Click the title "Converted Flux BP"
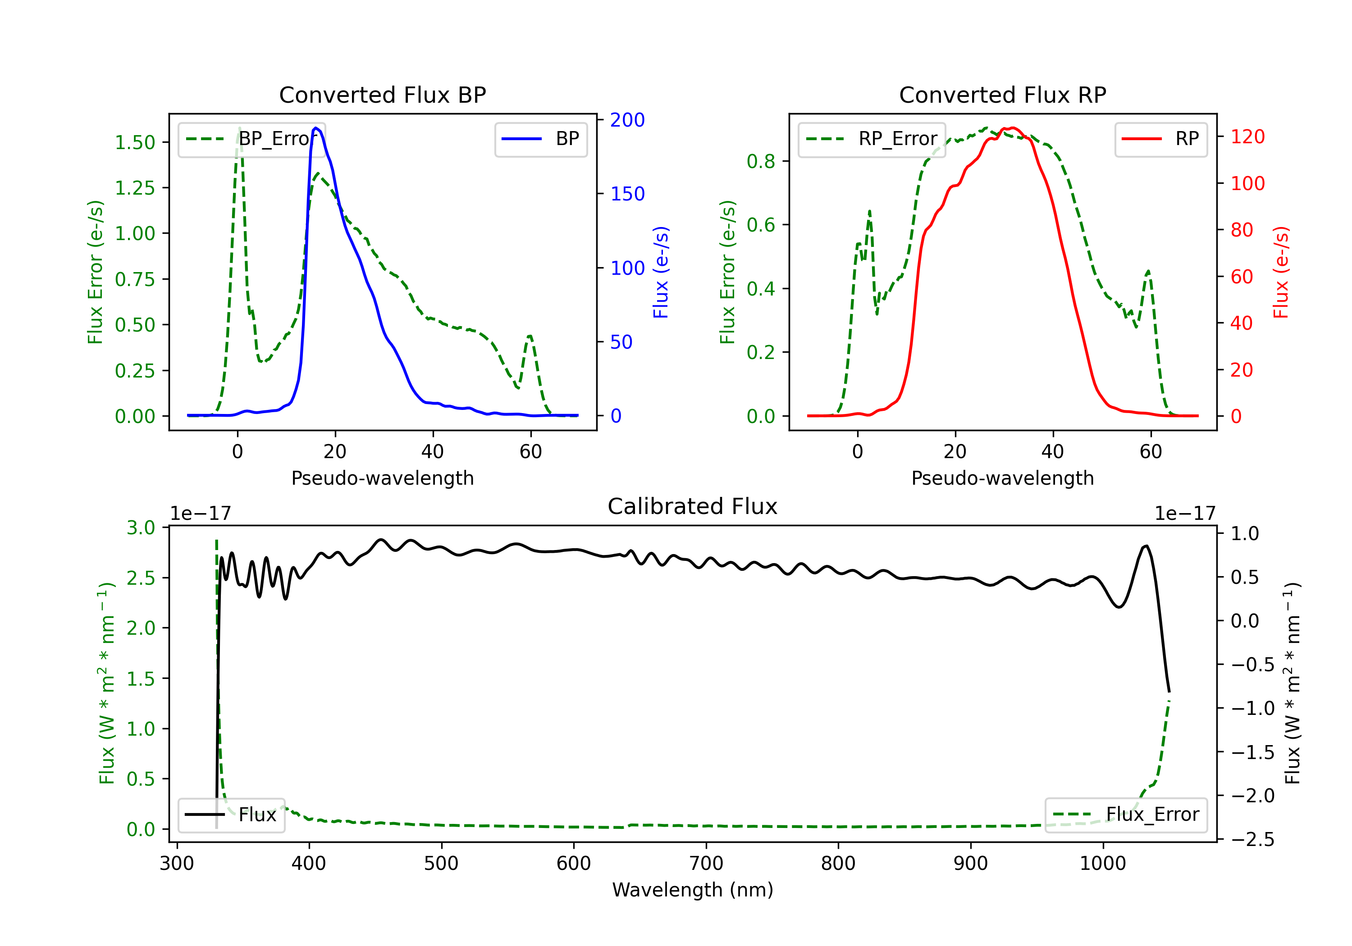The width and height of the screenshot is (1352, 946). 382,95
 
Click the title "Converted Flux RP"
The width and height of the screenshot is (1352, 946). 1002,95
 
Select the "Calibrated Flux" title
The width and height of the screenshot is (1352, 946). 693,506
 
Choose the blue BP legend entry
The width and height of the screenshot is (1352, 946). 540,139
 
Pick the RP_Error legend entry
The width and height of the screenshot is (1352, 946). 872,139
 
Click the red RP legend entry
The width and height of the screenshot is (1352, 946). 1160,139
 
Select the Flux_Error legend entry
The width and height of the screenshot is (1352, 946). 1126,815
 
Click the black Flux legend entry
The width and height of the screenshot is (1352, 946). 231,815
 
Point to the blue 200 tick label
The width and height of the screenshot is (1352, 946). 627,120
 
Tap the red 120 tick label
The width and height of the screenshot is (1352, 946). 1247,136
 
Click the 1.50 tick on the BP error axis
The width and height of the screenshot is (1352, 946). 135,142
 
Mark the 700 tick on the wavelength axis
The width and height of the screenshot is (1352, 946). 706,864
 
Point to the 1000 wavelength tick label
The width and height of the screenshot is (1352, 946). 1103,864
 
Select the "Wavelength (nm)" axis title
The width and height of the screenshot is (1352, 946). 693,890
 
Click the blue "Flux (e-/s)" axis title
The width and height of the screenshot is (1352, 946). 661,272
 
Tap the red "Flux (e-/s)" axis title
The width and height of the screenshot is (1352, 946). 1281,272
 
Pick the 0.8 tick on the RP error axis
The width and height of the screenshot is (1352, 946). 761,161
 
